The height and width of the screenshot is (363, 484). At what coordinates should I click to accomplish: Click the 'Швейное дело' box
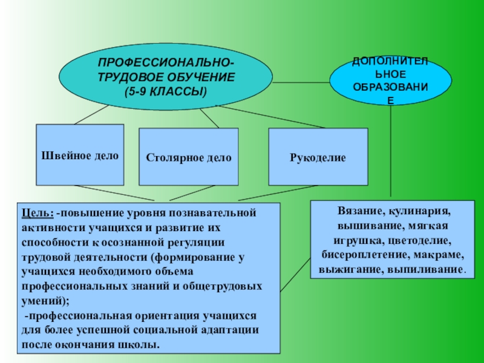click(80, 155)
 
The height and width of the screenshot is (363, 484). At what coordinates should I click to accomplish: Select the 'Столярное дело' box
click(188, 157)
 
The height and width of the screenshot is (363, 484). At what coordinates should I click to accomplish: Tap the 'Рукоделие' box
click(318, 157)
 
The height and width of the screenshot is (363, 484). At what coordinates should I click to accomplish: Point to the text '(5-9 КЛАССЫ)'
click(165, 91)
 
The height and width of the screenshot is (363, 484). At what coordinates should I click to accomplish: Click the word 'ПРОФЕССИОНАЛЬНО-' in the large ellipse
click(165, 63)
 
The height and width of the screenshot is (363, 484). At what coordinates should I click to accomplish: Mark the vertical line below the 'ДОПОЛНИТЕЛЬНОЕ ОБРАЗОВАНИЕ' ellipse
click(391, 151)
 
